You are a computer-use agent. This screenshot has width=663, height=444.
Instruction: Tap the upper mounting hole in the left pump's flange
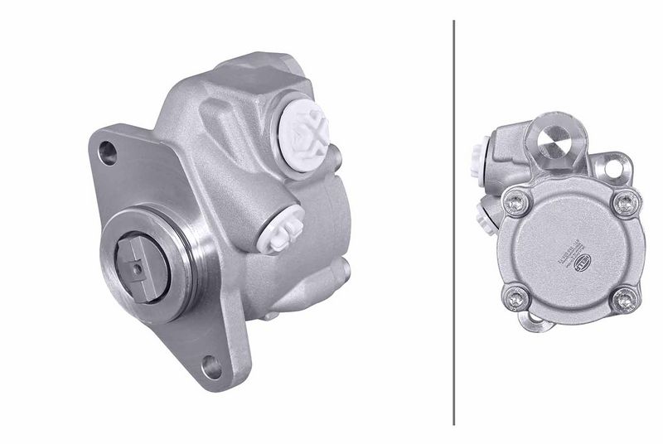coord(108,151)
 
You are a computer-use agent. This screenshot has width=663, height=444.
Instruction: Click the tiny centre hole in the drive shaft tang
coord(133,267)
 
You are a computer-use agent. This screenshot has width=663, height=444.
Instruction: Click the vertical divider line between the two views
coord(455,222)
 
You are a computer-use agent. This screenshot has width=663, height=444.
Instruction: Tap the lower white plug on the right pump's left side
coord(483,217)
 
